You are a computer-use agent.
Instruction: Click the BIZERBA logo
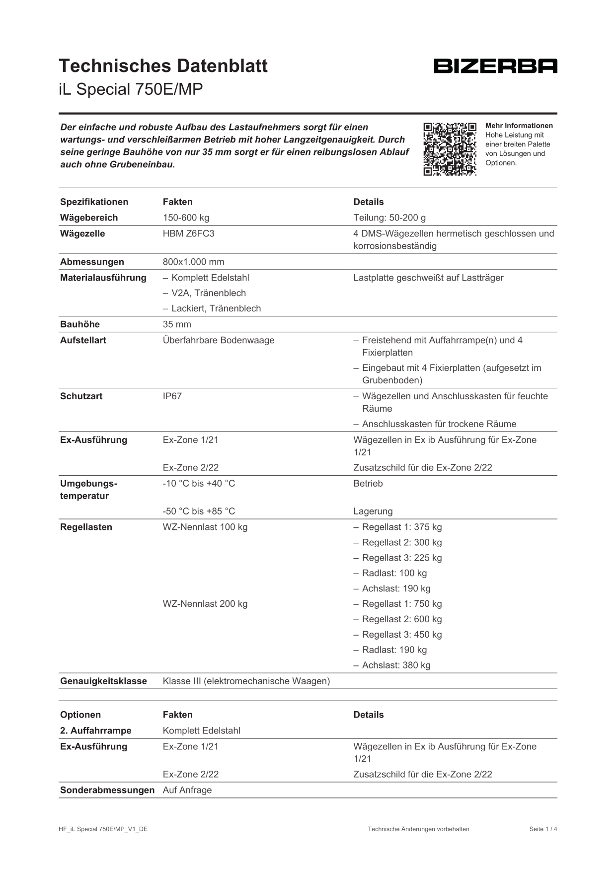(495, 66)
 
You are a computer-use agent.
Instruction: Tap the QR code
(450, 149)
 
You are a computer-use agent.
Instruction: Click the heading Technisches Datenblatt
(163, 66)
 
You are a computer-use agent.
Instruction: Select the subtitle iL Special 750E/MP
(131, 89)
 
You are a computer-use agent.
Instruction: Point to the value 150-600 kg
(186, 218)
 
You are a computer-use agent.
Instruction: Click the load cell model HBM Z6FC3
(188, 233)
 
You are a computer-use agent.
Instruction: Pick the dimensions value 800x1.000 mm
(193, 262)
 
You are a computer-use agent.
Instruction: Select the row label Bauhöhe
(80, 324)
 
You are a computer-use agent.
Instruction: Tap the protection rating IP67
(172, 396)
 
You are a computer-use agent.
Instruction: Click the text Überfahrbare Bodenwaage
(219, 340)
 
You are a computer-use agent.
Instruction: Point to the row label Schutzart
(81, 396)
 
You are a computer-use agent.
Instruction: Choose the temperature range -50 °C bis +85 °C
(199, 511)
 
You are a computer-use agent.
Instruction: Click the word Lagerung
(373, 511)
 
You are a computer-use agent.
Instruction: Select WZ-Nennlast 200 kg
(205, 604)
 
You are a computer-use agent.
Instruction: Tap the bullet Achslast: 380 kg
(396, 665)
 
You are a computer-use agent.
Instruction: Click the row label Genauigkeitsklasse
(103, 681)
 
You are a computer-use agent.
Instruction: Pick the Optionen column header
(80, 715)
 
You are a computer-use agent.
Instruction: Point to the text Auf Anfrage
(187, 790)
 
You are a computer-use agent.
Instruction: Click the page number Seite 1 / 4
(543, 829)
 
